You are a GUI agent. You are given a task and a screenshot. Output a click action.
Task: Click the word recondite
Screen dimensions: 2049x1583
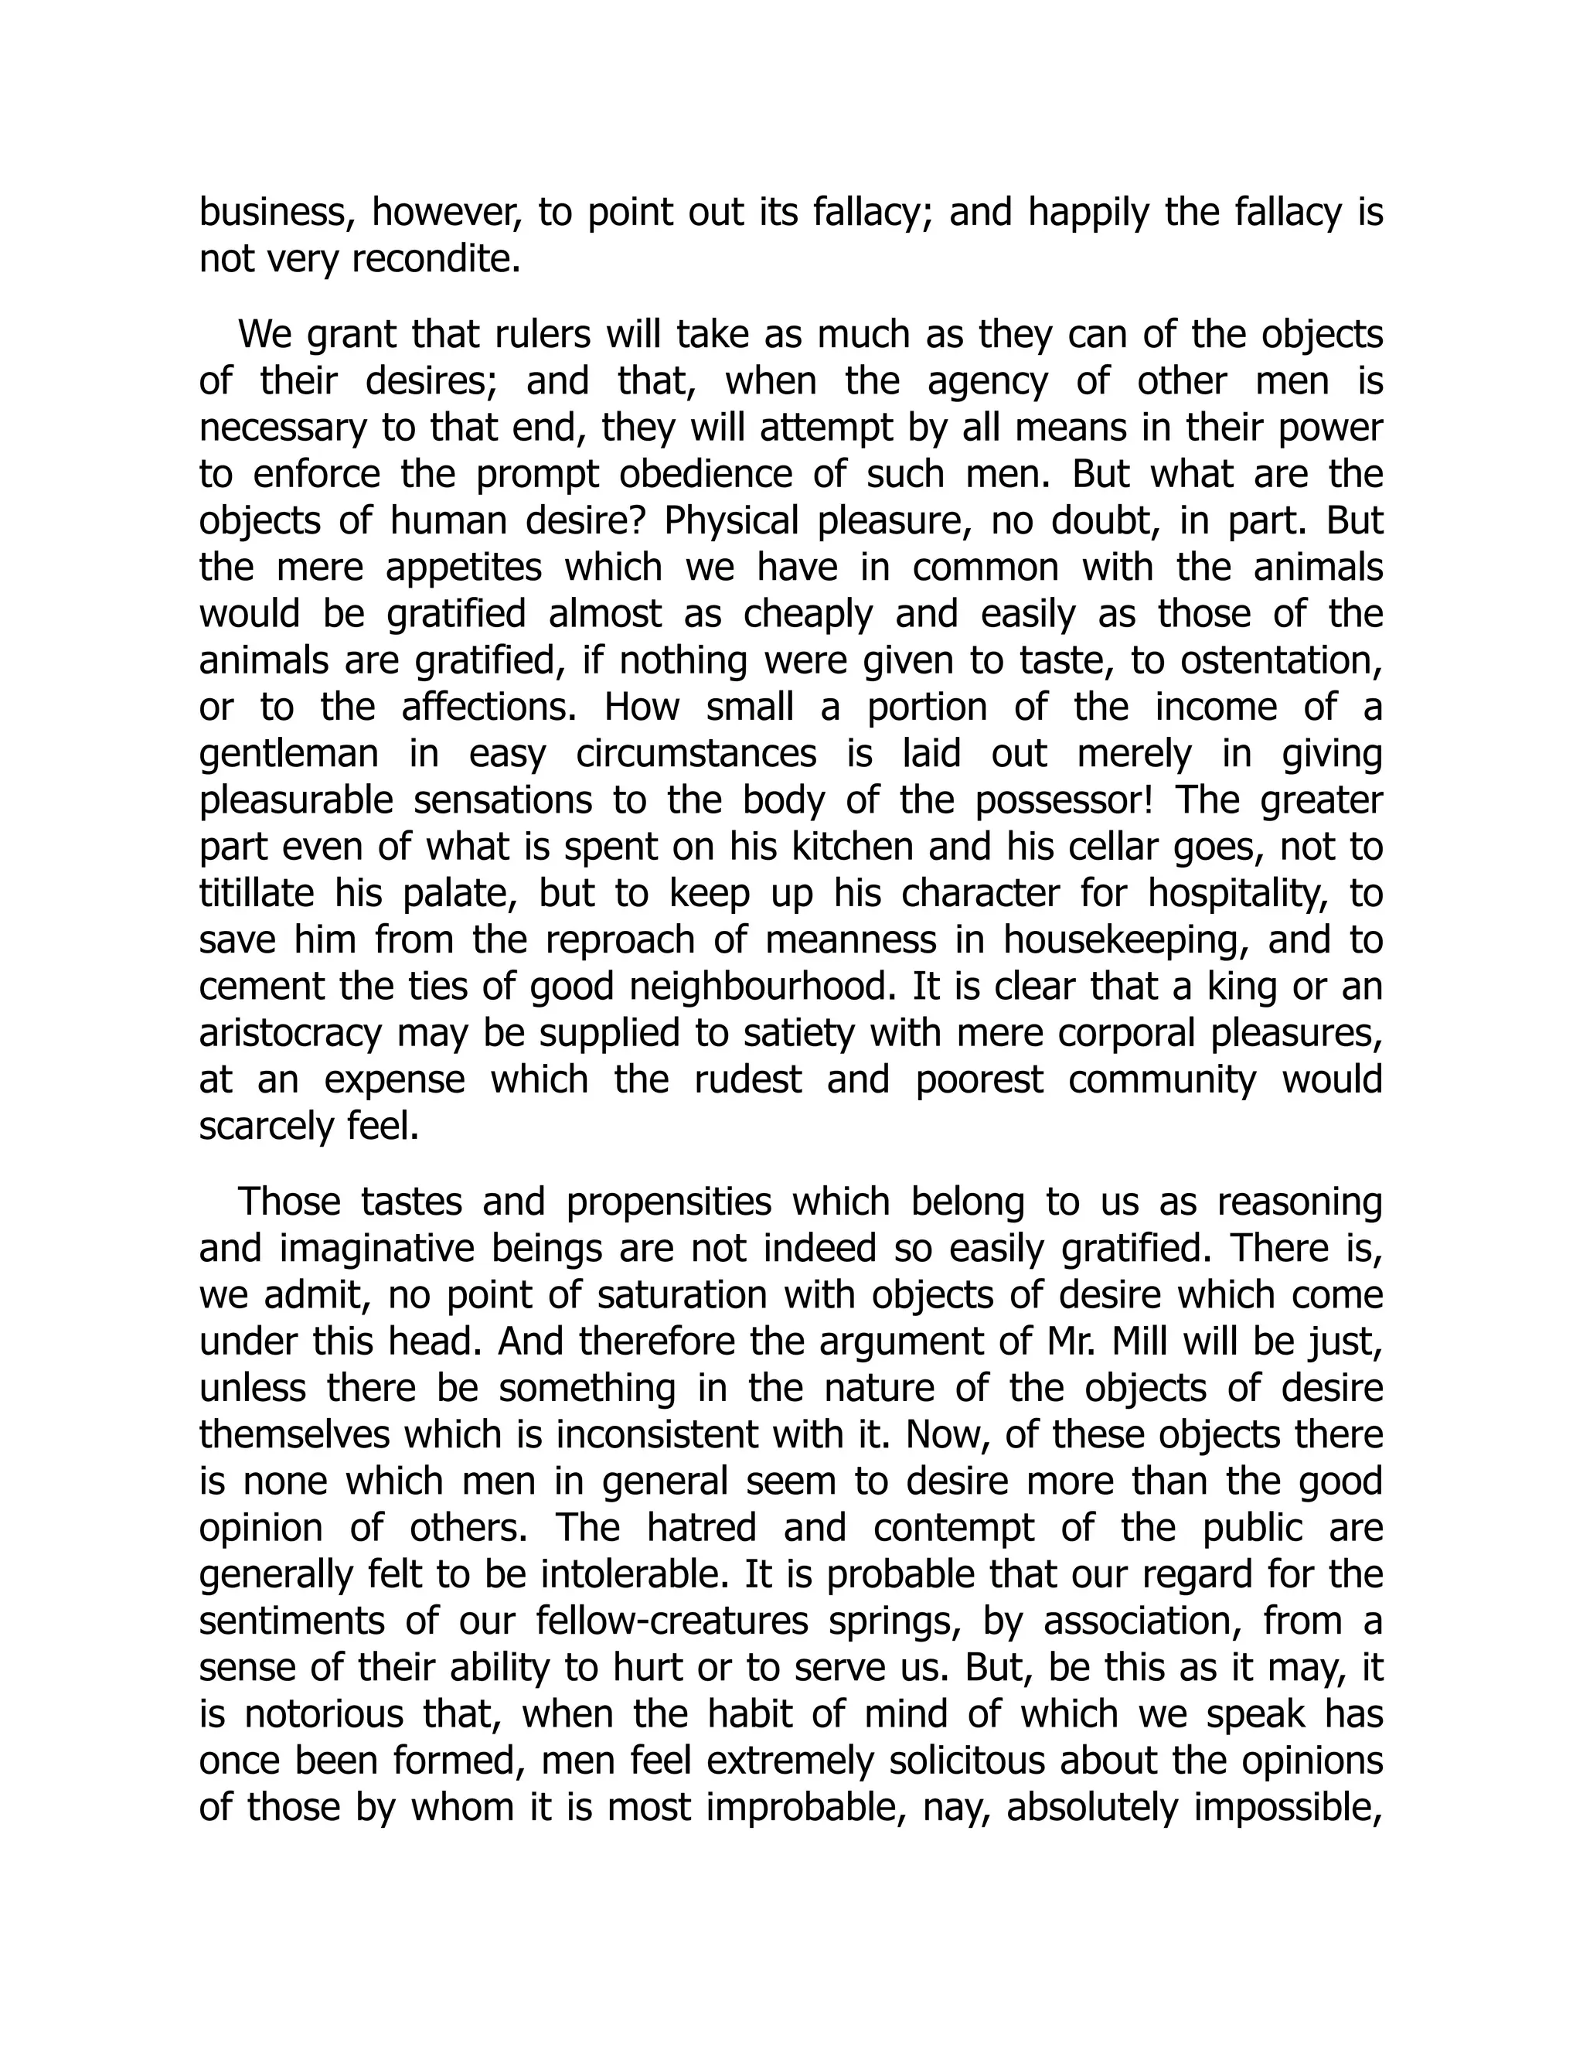point(435,259)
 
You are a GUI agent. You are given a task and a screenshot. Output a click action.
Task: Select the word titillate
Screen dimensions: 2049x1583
point(256,893)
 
